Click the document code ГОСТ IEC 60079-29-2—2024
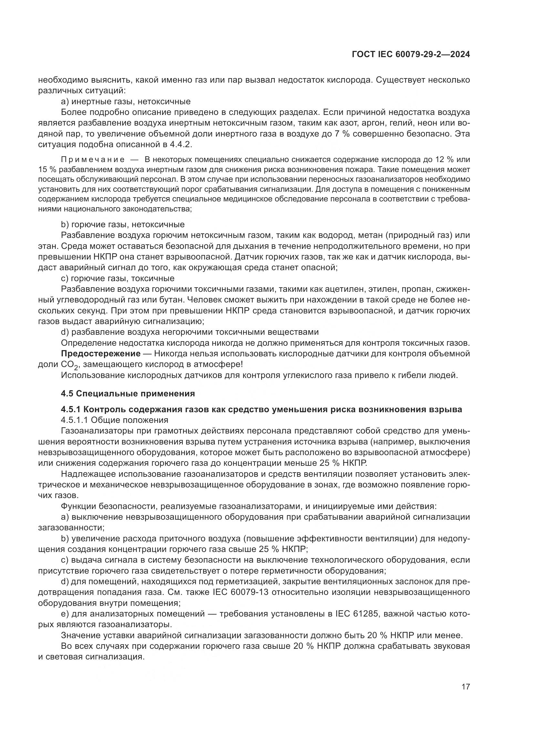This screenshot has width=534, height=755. (x=410, y=54)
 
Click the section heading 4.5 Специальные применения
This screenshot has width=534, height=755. (x=128, y=393)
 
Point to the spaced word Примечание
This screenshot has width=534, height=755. (x=93, y=160)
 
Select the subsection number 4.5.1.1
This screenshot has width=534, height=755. (x=75, y=420)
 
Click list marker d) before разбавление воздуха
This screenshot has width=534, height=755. (x=65, y=332)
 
